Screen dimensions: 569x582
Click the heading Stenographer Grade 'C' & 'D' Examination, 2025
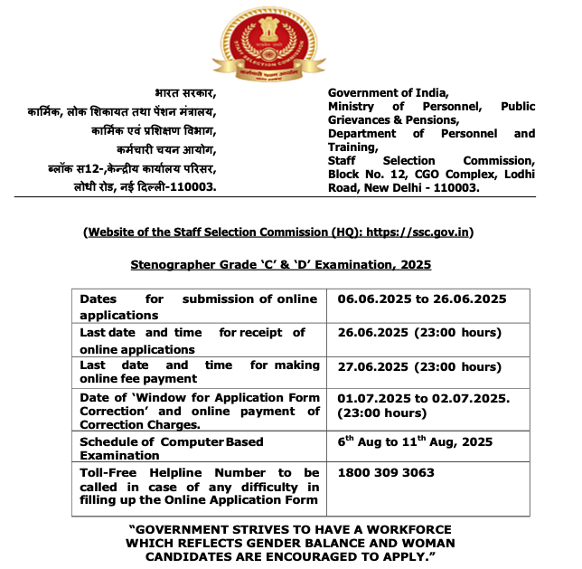pos(281,264)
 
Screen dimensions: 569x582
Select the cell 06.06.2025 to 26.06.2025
pos(421,299)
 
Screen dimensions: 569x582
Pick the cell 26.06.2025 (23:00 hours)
pos(419,332)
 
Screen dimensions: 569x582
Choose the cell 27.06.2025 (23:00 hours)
pos(419,366)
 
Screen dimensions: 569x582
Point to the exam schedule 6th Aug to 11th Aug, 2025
pos(415,441)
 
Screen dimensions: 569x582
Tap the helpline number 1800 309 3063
pos(386,472)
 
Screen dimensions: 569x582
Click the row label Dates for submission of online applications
pos(198,307)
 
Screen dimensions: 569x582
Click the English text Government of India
pos(388,92)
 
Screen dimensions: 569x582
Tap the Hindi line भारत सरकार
pos(184,92)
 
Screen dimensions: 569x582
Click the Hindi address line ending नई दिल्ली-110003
pos(145,187)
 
